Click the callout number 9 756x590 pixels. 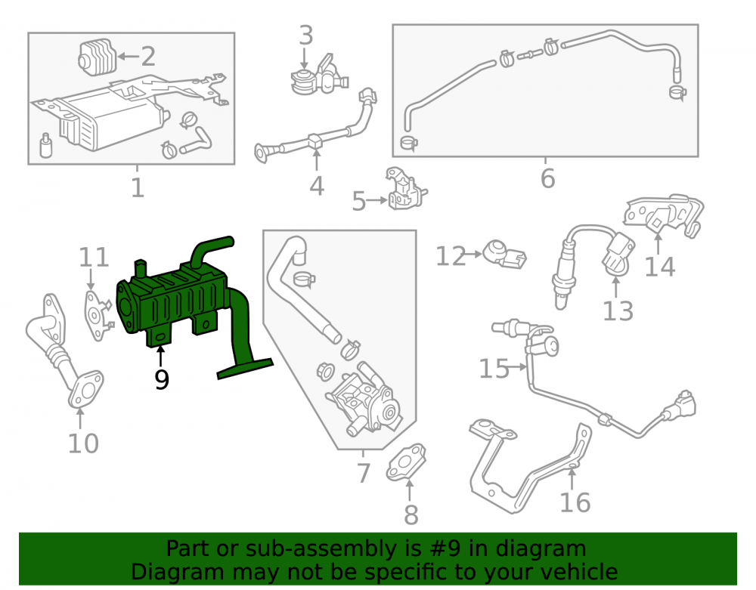(162, 379)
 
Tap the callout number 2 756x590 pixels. (148, 57)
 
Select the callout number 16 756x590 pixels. (575, 503)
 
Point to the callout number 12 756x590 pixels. (451, 256)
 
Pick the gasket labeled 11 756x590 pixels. (97, 316)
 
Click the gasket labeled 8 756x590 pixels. (406, 463)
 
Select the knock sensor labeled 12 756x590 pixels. (505, 255)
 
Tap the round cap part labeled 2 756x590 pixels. (97, 58)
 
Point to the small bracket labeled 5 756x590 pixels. (406, 189)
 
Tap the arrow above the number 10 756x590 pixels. (80, 418)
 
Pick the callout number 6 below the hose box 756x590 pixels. (547, 179)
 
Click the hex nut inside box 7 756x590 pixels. (325, 372)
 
